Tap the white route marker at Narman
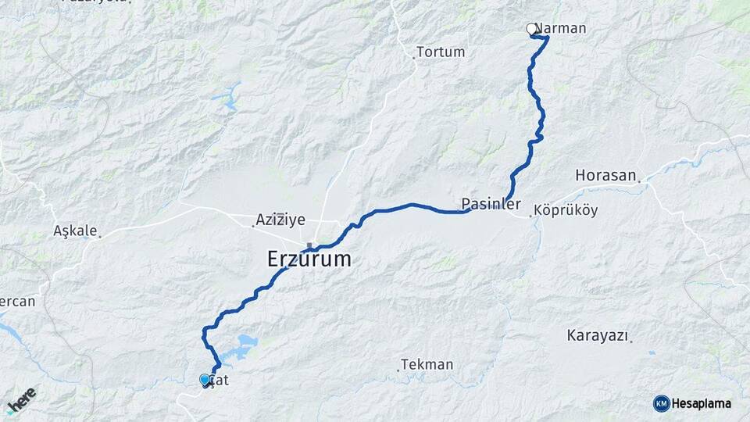[532, 30]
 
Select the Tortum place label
[441, 52]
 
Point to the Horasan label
[605, 176]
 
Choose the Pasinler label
[491, 204]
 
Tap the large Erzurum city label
[309, 259]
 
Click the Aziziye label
[280, 220]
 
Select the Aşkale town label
[75, 231]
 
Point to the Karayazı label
[598, 336]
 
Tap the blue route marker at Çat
[205, 380]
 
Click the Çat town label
[220, 381]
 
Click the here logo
[22, 401]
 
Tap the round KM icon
[661, 403]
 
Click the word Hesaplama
[702, 403]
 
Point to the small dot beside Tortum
[414, 57]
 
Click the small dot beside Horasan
[640, 181]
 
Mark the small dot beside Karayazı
[631, 341]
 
